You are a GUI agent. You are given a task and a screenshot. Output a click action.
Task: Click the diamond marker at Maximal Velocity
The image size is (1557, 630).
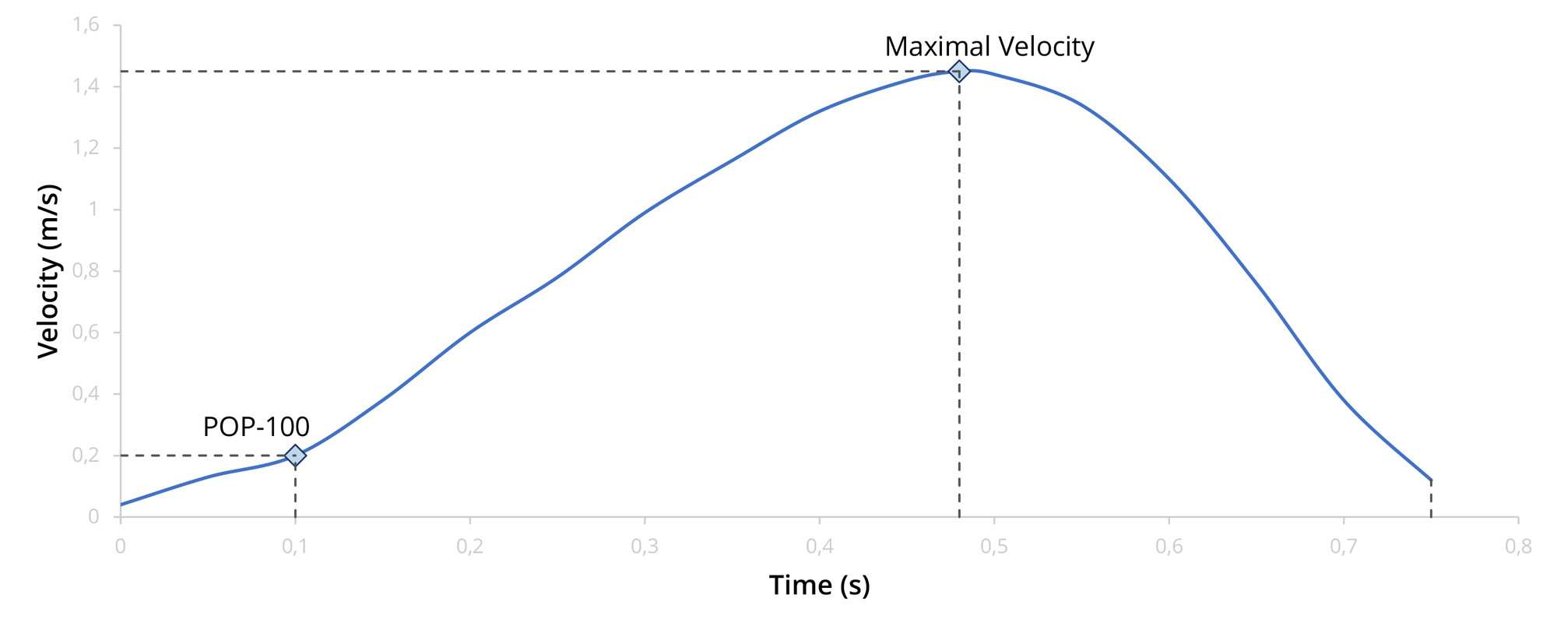click(959, 72)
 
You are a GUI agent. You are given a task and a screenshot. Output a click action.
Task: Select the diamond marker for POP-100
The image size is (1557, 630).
click(295, 456)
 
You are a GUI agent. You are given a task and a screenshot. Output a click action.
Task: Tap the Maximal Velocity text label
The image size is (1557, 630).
click(989, 47)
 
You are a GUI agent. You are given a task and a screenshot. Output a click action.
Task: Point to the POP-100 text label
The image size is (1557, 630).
click(256, 427)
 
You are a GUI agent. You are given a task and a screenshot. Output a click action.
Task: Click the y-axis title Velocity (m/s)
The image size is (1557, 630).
click(49, 271)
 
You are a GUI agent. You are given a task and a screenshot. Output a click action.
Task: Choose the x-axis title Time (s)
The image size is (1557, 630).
click(819, 585)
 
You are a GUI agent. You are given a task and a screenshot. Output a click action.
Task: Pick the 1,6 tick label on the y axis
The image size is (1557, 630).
click(86, 25)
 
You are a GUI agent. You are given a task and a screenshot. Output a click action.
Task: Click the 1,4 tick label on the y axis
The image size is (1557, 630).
click(86, 86)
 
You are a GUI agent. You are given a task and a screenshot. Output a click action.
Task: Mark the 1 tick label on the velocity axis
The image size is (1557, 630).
click(93, 209)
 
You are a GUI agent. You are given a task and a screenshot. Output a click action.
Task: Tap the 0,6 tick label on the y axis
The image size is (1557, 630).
click(86, 333)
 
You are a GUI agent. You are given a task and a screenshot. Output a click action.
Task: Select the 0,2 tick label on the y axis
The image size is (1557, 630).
click(86, 456)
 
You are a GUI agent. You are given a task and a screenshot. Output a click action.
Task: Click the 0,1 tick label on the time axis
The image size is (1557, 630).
click(295, 547)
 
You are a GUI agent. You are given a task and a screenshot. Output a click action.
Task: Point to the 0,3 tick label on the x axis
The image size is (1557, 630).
click(645, 547)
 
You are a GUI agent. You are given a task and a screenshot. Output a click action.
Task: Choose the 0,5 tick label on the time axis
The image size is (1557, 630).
click(994, 547)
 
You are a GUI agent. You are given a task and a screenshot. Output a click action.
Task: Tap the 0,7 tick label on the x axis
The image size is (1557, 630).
click(1344, 547)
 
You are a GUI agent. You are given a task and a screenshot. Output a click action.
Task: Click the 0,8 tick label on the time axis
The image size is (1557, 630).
click(1518, 547)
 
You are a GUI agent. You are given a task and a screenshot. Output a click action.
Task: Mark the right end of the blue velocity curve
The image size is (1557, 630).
click(1431, 480)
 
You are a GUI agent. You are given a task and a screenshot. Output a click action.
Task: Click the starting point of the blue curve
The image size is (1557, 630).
click(121, 505)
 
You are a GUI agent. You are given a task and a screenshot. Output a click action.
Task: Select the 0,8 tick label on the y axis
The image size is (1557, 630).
click(86, 271)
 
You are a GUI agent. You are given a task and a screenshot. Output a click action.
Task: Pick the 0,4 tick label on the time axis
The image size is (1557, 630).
click(820, 547)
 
